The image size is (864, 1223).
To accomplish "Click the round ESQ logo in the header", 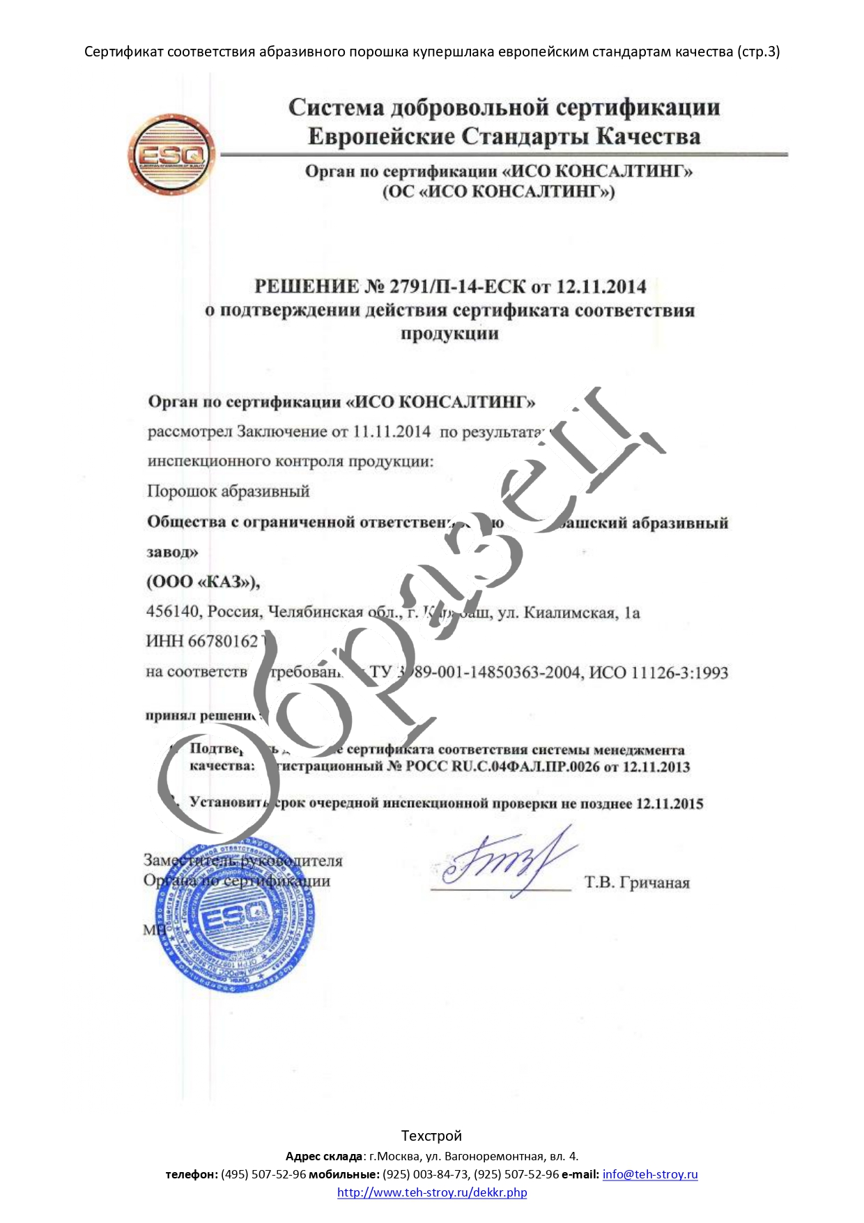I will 171,155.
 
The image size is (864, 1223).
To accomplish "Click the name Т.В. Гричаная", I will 637,883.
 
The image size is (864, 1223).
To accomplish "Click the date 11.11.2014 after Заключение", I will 392,432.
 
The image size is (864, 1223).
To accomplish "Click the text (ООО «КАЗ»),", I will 203,582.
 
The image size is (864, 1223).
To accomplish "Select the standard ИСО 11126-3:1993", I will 658,673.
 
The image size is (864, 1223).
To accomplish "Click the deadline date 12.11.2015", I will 669,804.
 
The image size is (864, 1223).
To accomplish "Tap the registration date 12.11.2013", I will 656,767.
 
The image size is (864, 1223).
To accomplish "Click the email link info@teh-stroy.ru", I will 650,1174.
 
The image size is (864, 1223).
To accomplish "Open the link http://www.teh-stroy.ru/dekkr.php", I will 432,1192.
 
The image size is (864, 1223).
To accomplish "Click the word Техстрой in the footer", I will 431,1136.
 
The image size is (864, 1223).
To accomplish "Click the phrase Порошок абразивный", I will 228,491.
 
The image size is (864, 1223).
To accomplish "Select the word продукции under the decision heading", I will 449,334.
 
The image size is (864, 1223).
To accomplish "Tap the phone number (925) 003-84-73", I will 426,1174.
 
